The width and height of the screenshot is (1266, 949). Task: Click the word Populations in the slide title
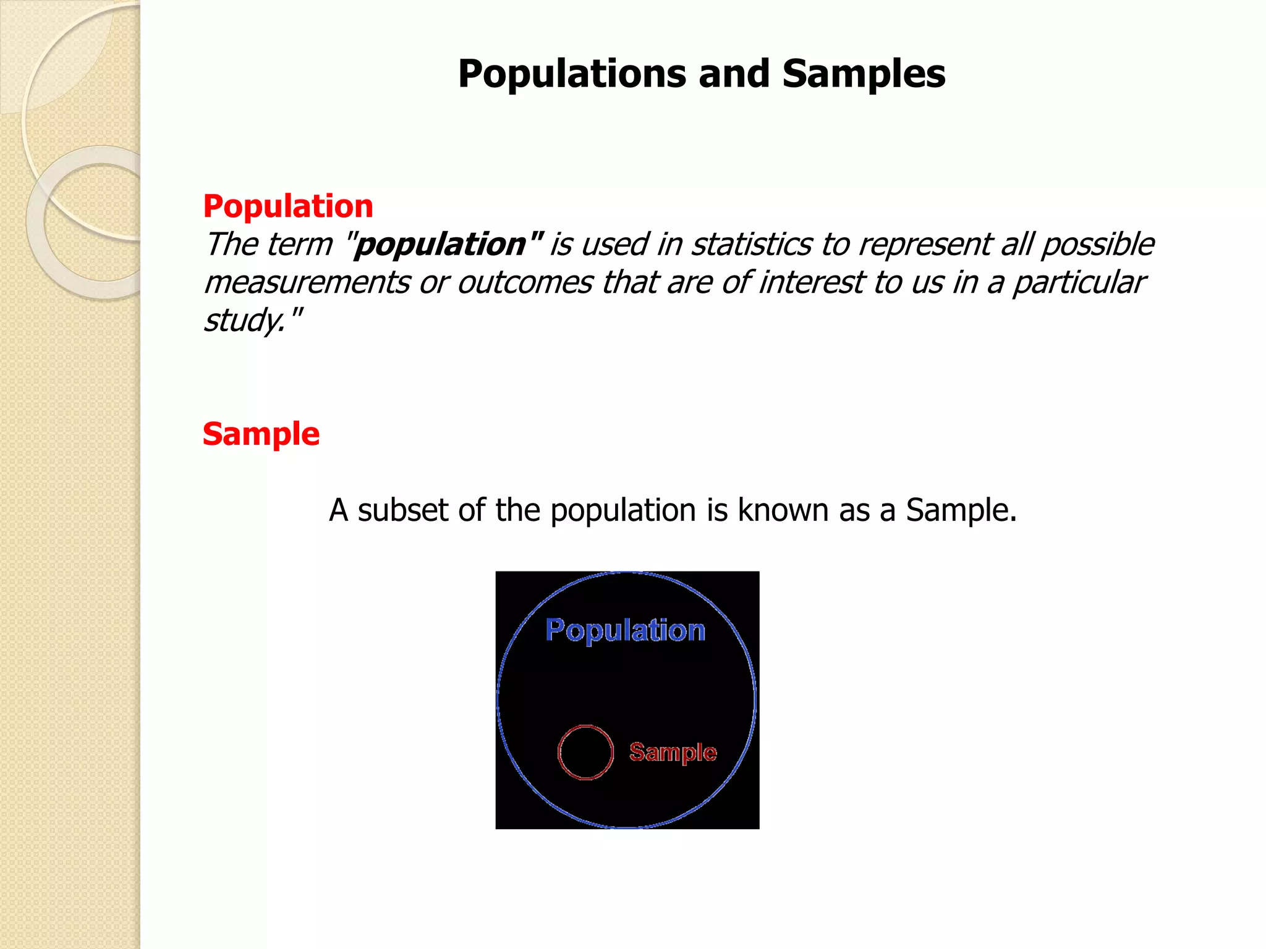(572, 74)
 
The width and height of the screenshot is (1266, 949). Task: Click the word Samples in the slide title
(864, 74)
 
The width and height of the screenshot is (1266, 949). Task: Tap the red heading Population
(288, 206)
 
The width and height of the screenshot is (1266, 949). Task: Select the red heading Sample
(261, 434)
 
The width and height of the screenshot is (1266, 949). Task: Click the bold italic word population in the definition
(440, 245)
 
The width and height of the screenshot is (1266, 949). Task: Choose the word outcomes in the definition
(525, 283)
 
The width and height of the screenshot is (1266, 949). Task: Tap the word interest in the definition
(810, 283)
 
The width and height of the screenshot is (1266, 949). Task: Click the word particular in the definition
(1079, 283)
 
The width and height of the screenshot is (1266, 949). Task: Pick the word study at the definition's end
(244, 321)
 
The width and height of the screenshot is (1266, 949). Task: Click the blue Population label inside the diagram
(625, 631)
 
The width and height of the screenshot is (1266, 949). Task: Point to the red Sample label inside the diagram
(673, 752)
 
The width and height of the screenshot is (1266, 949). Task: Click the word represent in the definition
(925, 245)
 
